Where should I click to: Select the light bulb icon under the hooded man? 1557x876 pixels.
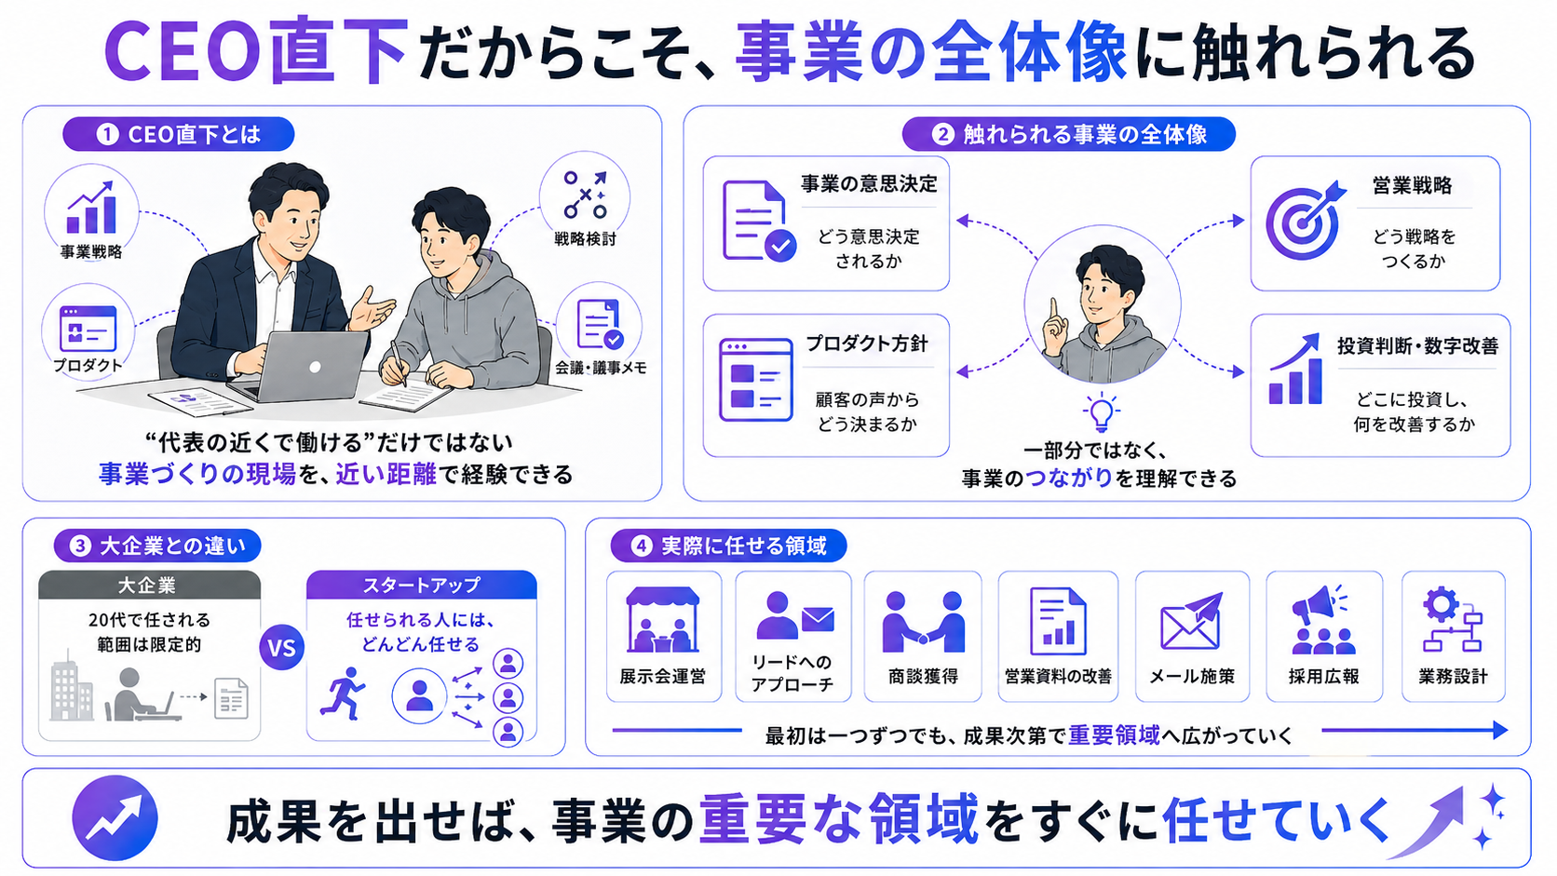pos(1101,412)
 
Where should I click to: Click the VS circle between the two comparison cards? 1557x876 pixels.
pos(281,648)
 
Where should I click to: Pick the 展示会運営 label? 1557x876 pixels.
pos(662,676)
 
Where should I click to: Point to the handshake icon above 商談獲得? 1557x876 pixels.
pos(923,622)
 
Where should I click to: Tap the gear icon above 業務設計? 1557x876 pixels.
pos(1441,604)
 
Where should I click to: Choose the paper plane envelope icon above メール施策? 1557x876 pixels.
pos(1191,621)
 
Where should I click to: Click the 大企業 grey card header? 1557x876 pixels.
pos(149,585)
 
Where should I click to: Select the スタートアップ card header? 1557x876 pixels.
pos(421,585)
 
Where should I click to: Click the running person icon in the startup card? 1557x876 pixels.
pos(342,694)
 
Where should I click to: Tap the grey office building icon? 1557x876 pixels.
pos(71,686)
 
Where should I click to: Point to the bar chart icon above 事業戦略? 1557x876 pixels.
pos(91,209)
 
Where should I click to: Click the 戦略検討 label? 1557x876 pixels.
pos(585,239)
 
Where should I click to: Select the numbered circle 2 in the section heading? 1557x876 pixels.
pos(942,134)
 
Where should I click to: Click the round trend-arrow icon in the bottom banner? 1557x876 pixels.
pos(115,817)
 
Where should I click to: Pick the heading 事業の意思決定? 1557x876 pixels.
pos(869,184)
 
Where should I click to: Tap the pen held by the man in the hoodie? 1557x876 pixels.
pos(399,363)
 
